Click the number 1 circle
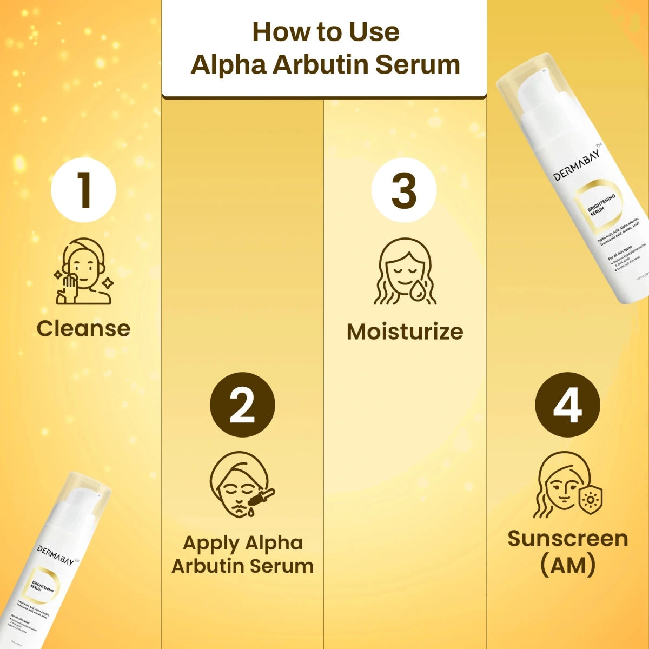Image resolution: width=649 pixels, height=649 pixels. coord(83,190)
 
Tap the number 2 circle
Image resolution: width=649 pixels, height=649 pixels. coord(242,405)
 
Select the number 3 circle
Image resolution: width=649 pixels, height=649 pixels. coord(404,190)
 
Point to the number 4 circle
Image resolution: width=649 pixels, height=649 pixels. coord(567,405)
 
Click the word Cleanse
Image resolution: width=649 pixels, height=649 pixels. coord(83,328)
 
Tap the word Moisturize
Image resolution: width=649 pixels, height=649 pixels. coord(405,332)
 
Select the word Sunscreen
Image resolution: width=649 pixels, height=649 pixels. coord(568,539)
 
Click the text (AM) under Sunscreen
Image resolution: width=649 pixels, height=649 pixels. coord(568,565)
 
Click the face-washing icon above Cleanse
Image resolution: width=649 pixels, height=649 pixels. coord(83,271)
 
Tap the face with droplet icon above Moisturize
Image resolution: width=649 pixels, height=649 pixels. coord(405,271)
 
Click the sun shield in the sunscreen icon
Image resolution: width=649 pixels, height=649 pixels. coord(591,500)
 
